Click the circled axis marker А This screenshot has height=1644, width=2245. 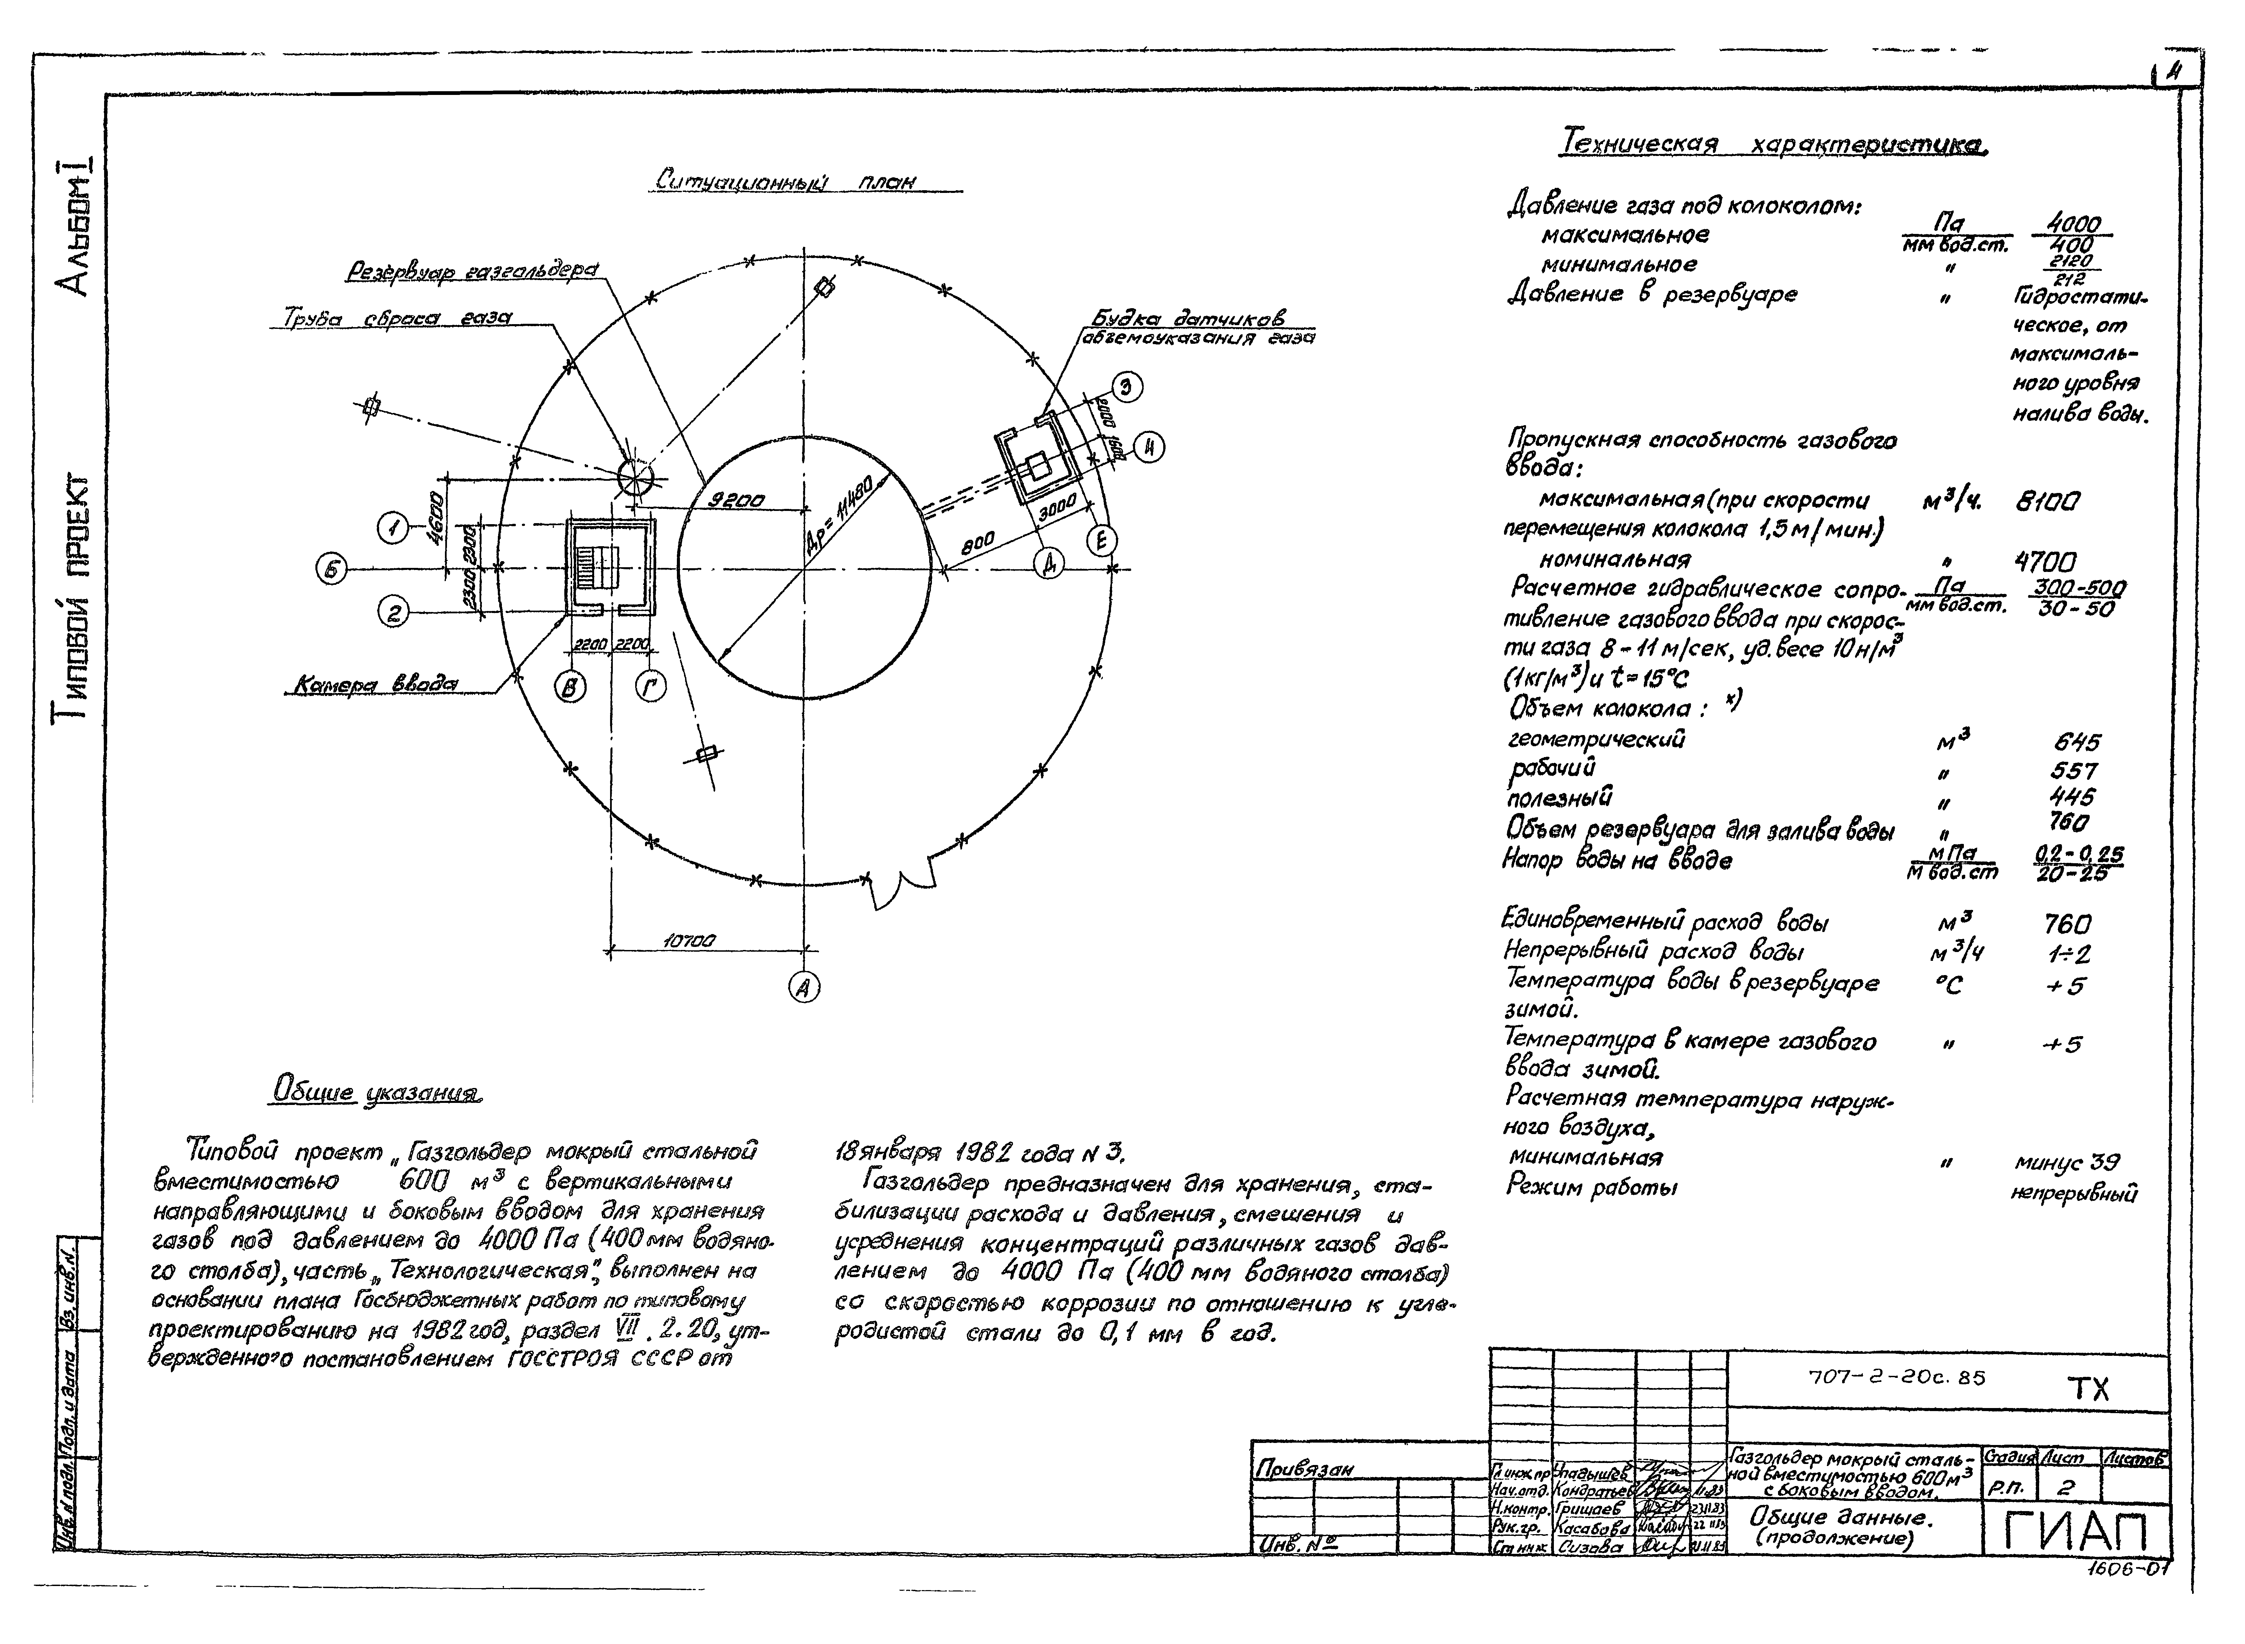click(x=803, y=987)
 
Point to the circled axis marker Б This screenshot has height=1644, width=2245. click(x=331, y=570)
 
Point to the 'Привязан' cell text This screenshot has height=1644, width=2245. click(x=1304, y=1469)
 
